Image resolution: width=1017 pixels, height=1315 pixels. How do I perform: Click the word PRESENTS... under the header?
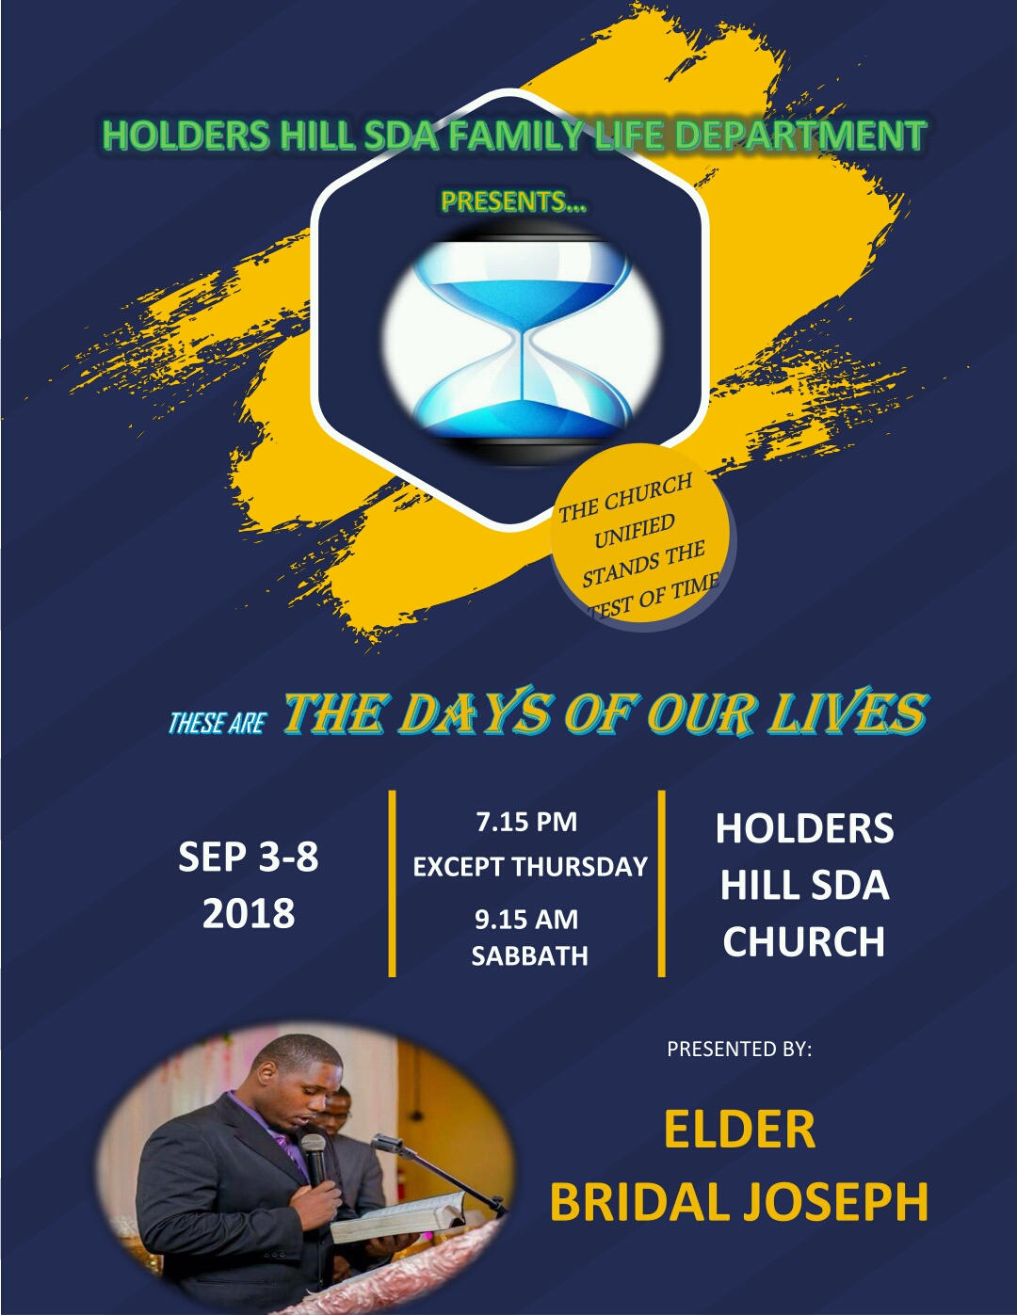point(514,201)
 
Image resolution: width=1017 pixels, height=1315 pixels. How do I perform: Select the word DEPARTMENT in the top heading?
point(800,135)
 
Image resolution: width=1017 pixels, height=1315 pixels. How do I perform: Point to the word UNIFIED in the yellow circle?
point(635,531)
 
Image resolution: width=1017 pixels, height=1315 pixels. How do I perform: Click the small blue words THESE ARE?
point(218,723)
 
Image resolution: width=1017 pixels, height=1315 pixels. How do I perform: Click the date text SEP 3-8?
point(249,857)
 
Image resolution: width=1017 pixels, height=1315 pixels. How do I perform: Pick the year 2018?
point(249,913)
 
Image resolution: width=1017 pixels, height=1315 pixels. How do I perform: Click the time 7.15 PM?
point(526,822)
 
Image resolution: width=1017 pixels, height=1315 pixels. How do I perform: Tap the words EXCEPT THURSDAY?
point(530,867)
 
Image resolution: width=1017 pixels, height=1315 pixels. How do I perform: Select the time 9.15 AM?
point(526,920)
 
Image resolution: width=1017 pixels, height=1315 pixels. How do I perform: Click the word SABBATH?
point(529,956)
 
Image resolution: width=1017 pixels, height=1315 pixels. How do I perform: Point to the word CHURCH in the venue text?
point(804,941)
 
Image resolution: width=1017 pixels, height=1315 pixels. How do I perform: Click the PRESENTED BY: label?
point(739,1048)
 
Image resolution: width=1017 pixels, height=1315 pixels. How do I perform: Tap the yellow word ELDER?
point(740,1130)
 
